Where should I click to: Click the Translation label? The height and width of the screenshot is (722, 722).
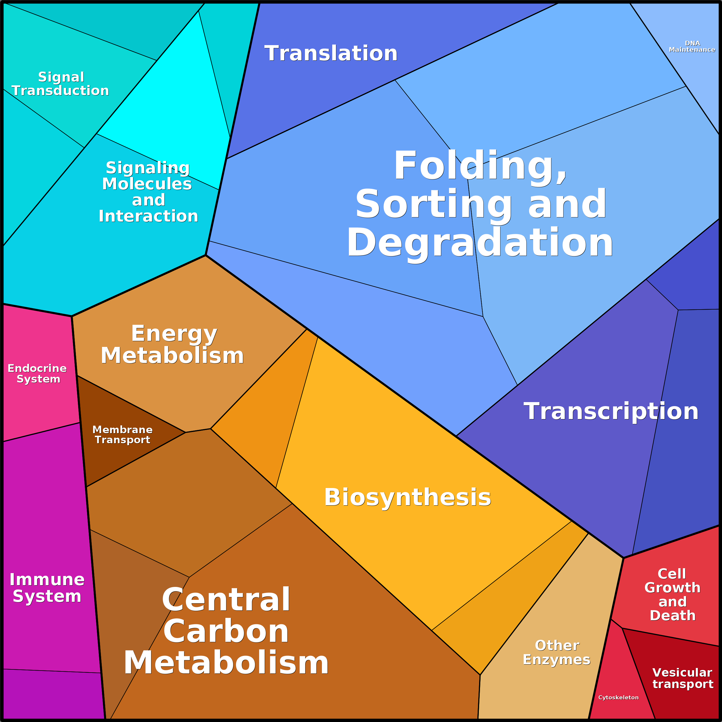click(331, 53)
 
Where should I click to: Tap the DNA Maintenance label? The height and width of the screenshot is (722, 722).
click(692, 46)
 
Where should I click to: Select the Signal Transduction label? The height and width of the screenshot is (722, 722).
click(61, 84)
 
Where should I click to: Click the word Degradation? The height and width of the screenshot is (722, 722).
click(480, 243)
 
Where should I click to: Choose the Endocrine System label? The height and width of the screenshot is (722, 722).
click(37, 373)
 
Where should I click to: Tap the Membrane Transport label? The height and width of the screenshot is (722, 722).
click(122, 434)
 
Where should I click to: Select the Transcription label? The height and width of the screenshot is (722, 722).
click(611, 412)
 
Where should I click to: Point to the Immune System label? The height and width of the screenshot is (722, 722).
click(47, 587)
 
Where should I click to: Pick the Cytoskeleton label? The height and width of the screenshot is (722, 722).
click(619, 697)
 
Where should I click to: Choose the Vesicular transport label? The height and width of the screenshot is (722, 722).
click(683, 678)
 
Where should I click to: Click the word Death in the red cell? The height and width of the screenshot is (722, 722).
click(673, 615)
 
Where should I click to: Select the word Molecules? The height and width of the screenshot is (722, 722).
click(147, 184)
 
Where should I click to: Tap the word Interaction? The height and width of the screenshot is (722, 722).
click(148, 216)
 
